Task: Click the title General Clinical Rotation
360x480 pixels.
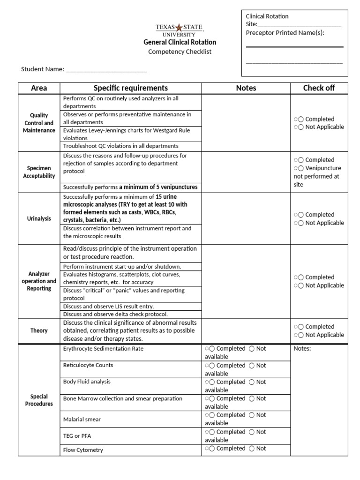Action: [180, 42]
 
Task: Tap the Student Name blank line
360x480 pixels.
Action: [106, 70]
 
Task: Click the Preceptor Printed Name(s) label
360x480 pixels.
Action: [285, 33]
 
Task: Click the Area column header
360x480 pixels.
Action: [39, 88]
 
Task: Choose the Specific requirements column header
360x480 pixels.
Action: [131, 88]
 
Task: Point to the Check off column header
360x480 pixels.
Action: [319, 88]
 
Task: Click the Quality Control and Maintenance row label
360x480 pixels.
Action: [39, 123]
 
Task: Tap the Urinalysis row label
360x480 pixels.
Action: [39, 218]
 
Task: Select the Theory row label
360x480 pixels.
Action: [39, 330]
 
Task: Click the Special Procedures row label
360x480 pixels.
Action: [39, 400]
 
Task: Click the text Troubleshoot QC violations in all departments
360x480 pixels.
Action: [120, 146]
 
